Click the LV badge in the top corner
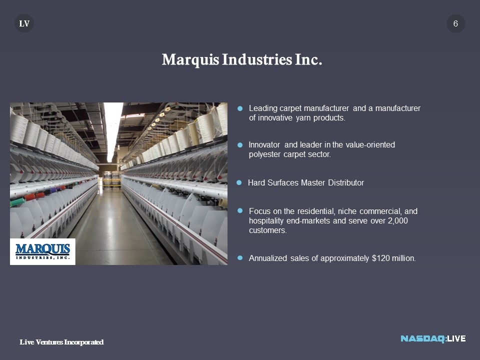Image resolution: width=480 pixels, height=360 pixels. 24,23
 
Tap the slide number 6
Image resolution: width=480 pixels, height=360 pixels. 455,23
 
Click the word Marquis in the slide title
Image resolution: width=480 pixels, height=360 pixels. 190,59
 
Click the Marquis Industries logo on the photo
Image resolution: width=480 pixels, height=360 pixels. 42,251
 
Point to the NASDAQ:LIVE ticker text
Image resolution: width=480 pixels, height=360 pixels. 433,338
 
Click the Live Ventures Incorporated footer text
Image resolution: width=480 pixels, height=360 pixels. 61,342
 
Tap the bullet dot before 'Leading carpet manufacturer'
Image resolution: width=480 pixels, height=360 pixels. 240,108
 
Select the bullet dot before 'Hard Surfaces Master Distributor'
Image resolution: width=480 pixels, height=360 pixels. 239,183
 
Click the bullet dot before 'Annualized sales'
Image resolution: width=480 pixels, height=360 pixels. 240,258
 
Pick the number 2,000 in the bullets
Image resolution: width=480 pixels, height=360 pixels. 397,220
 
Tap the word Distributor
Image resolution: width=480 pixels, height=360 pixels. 346,183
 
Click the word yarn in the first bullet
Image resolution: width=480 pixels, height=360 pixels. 303,118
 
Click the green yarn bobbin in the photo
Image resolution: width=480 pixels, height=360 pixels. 17,201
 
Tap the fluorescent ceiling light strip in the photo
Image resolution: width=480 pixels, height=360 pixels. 112,131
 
